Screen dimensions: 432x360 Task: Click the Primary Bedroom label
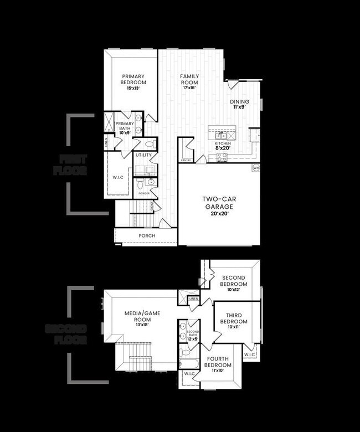133,79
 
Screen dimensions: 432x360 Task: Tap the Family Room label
189,79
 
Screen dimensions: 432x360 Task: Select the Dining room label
240,102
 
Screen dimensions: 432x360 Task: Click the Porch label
147,236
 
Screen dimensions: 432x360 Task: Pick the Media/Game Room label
142,316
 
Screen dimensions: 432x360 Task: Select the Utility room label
143,156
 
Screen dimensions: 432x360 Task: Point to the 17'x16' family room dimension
189,88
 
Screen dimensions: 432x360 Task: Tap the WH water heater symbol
256,167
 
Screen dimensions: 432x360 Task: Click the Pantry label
186,161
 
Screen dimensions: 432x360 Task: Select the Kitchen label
223,143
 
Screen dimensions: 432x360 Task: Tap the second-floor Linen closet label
193,299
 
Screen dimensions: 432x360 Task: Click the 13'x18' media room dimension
142,325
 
